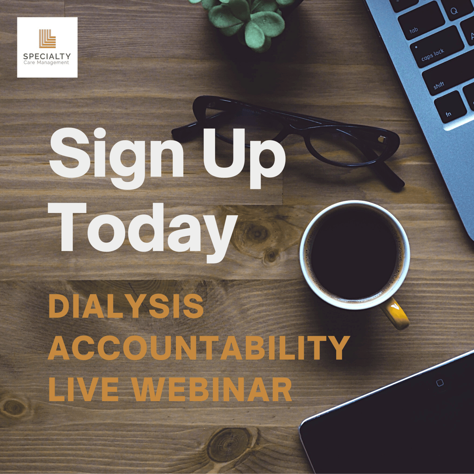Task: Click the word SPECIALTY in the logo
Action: [47, 56]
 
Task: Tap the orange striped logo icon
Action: [47, 39]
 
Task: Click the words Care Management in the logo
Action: [46, 63]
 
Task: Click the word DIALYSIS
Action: [126, 307]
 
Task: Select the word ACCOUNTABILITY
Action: [198, 348]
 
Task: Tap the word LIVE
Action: [83, 389]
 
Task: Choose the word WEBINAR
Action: [212, 389]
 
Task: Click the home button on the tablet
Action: [440, 383]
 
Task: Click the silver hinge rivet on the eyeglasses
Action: [382, 139]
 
